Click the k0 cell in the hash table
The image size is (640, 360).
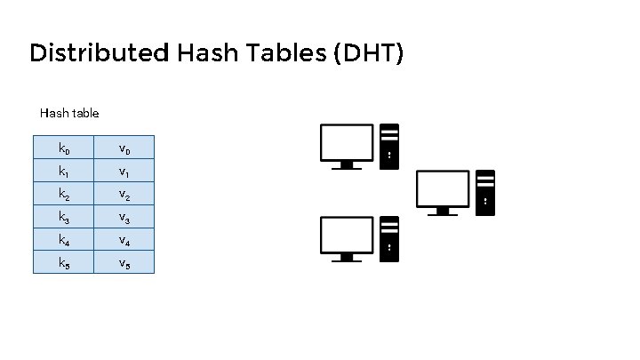pyautogui.click(x=63, y=147)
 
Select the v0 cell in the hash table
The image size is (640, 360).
pyautogui.click(x=124, y=147)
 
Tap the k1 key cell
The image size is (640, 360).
pyautogui.click(x=63, y=170)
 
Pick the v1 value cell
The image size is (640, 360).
pyautogui.click(x=124, y=170)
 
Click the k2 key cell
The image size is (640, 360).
pyautogui.click(x=63, y=193)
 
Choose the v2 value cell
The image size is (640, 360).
pyautogui.click(x=124, y=193)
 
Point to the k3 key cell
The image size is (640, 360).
pyautogui.click(x=63, y=216)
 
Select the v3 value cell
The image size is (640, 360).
pyautogui.click(x=124, y=216)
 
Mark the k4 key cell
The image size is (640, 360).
pyautogui.click(x=63, y=239)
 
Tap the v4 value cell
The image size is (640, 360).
pyautogui.click(x=124, y=239)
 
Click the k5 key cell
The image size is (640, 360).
pyautogui.click(x=63, y=262)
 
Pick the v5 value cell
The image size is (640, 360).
pyautogui.click(x=124, y=262)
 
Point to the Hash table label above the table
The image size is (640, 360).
pyautogui.click(x=69, y=113)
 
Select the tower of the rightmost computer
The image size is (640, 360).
pyautogui.click(x=485, y=192)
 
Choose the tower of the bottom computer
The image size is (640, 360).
pyautogui.click(x=389, y=238)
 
